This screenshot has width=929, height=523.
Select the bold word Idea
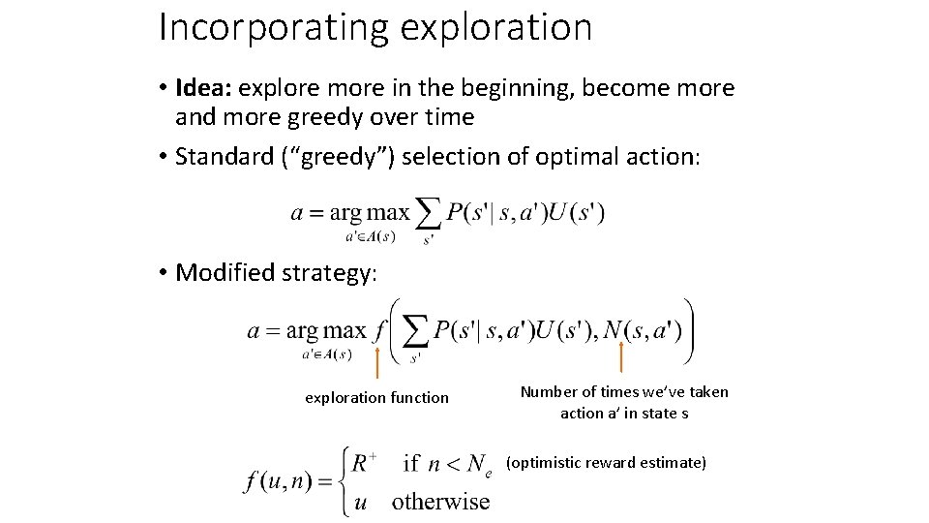point(201,88)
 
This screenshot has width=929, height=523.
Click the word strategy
point(328,273)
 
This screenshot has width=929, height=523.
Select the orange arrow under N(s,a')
point(620,357)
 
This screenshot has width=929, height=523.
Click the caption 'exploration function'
point(376,397)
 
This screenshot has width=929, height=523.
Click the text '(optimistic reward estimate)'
point(606,463)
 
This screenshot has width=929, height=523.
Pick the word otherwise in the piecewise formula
point(441,501)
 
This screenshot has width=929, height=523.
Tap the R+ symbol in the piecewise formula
point(364,463)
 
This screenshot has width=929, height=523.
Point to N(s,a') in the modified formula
point(641,330)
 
